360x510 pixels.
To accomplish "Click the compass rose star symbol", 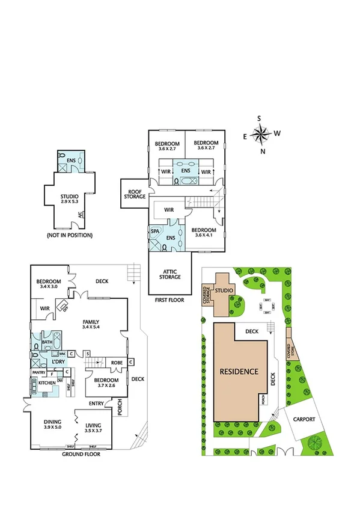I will (260, 135).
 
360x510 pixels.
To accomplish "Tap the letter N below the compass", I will (263, 152).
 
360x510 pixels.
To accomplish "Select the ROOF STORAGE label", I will (135, 193).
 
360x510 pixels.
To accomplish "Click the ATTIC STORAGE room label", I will (169, 274).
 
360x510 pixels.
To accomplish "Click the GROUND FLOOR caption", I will (81, 454).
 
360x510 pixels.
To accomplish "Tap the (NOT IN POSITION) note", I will (70, 235).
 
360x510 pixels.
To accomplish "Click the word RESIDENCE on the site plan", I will (239, 371).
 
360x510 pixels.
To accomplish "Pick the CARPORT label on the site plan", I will (305, 419).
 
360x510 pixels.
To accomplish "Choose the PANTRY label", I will (38, 372).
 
